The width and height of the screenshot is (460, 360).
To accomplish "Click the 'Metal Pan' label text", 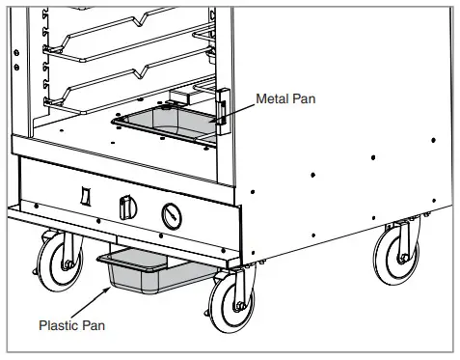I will click(285, 99).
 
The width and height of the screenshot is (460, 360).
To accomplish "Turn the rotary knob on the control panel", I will click(122, 208).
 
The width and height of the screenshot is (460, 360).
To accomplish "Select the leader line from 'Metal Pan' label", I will click(235, 107).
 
